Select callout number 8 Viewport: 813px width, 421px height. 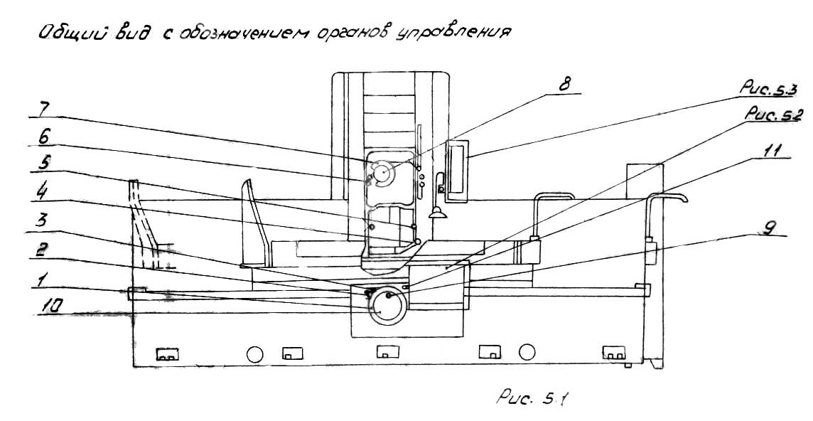click(x=565, y=83)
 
